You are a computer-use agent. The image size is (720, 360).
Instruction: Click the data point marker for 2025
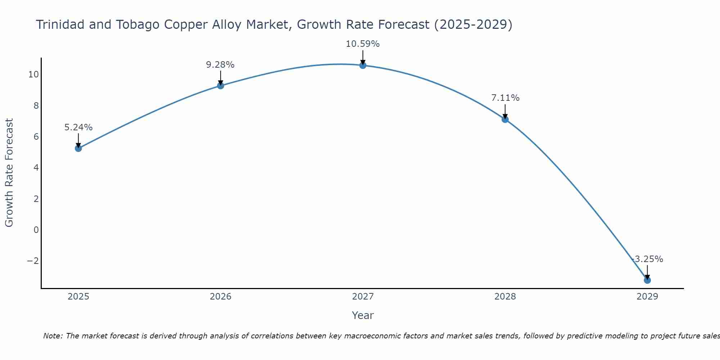click(78, 148)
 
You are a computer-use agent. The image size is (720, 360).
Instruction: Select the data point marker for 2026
click(220, 85)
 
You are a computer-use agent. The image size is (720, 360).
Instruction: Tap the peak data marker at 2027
click(363, 65)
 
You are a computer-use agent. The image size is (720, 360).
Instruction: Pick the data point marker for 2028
click(505, 119)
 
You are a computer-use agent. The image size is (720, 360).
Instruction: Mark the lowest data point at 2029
click(647, 280)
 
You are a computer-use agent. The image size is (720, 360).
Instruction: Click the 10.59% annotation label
click(363, 44)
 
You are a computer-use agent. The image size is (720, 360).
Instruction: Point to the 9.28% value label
click(220, 65)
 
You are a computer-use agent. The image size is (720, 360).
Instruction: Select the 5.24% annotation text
click(78, 127)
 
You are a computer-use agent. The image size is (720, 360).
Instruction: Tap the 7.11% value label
click(505, 98)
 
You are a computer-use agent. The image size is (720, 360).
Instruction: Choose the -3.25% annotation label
click(647, 259)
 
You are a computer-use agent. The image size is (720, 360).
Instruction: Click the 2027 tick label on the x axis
click(363, 297)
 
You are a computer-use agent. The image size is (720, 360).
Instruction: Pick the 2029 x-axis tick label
click(647, 297)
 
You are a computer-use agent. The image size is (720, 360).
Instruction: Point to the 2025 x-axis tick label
click(78, 297)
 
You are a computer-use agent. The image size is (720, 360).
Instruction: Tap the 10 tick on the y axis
click(33, 75)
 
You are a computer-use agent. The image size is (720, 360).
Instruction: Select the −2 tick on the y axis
click(33, 261)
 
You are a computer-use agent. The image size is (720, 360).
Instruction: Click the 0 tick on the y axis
click(36, 230)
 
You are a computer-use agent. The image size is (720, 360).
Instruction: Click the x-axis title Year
click(363, 315)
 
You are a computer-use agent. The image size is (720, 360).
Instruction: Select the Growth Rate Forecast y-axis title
click(9, 172)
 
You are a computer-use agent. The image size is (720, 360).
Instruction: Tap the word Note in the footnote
click(53, 336)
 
